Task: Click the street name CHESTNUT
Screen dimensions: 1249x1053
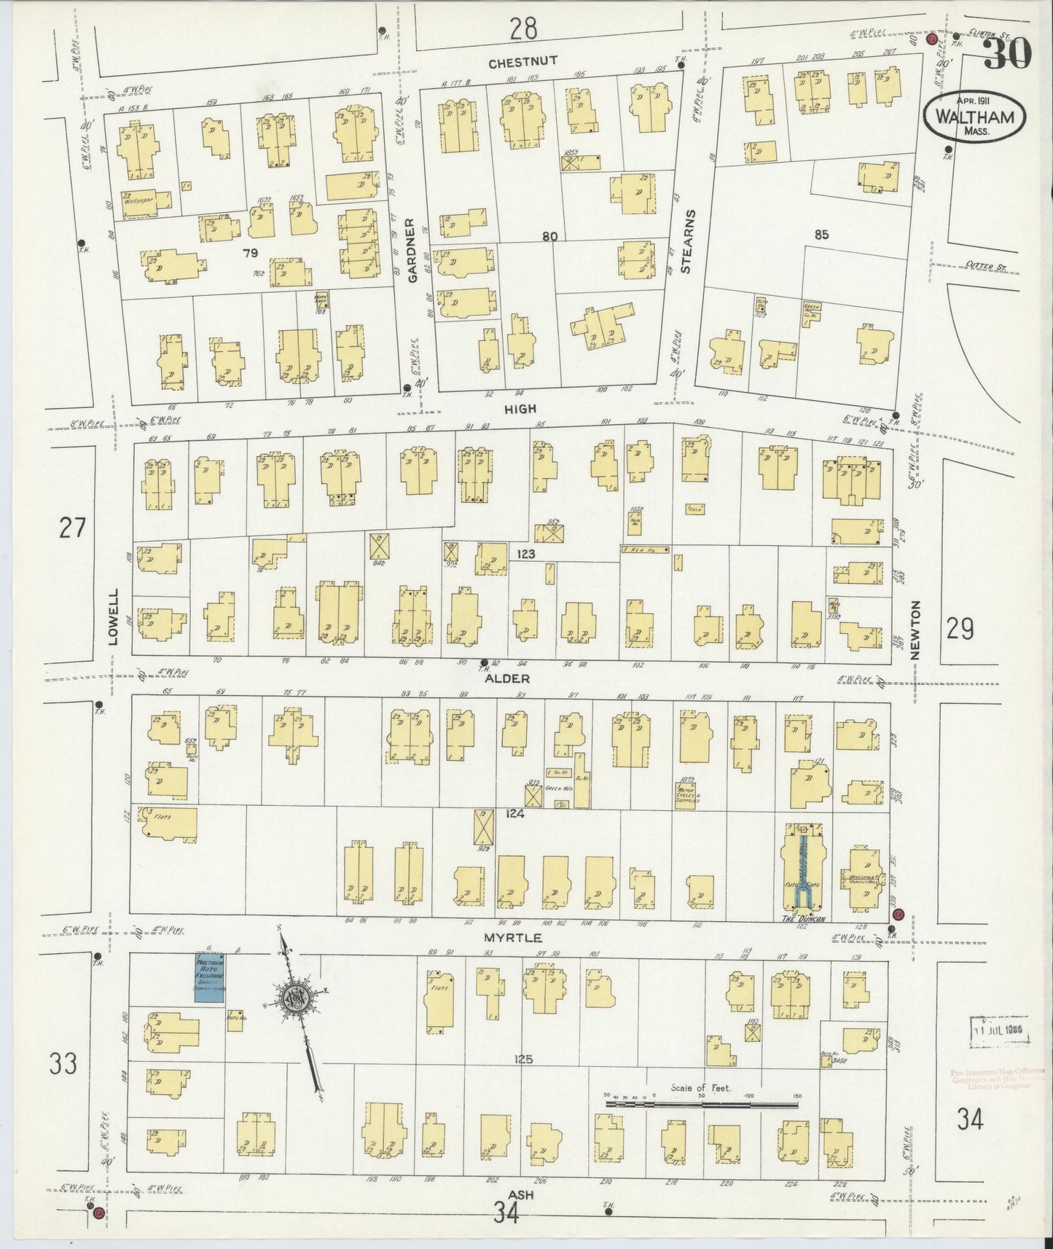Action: click(x=522, y=63)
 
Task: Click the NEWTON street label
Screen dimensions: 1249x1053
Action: click(x=916, y=631)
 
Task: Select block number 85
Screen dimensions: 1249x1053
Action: click(x=822, y=235)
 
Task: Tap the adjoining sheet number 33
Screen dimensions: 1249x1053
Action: click(x=63, y=1065)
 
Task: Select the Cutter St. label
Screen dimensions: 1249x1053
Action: click(x=984, y=267)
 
